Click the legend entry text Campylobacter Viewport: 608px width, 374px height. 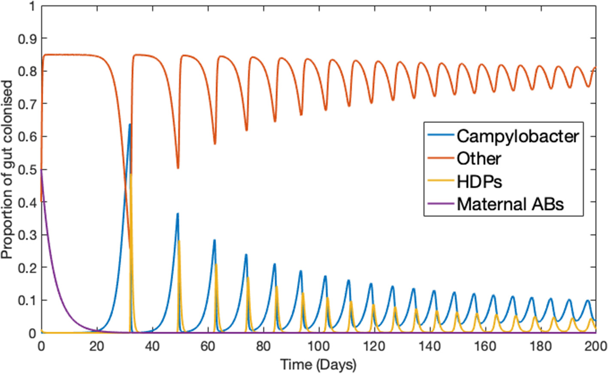tap(517, 136)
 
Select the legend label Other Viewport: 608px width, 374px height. tap(478, 159)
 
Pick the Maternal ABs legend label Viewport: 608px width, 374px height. tap(510, 204)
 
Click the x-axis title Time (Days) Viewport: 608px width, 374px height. tap(318, 365)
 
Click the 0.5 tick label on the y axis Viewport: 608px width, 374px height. tap(27, 169)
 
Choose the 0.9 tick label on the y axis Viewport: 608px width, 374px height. tap(27, 39)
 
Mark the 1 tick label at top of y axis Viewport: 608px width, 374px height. tap(32, 6)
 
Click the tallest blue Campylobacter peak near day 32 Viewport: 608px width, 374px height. tap(130, 124)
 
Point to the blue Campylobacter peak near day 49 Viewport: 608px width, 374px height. tap(177, 213)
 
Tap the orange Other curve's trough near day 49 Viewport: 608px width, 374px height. tap(178, 168)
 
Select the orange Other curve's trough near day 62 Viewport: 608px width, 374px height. tap(215, 144)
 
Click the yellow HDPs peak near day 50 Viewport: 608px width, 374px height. tap(179, 241)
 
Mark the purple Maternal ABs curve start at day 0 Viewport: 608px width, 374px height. tap(41, 170)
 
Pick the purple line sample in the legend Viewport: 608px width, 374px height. tap(441, 203)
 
